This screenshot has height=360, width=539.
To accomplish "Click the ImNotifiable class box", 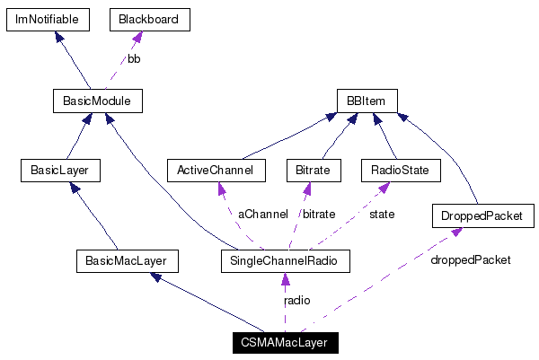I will pos(47,20).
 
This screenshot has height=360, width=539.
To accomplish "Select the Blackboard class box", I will pos(149,20).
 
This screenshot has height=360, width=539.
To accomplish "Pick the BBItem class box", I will pos(367,101).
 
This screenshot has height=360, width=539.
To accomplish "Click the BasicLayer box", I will pos(59,170).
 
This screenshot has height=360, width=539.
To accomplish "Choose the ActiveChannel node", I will pos(216,170).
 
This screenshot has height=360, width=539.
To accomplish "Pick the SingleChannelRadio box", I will pos(284,261).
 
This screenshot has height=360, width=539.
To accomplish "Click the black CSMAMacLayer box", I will pos(284,342).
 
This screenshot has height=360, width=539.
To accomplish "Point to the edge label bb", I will pos(133,59).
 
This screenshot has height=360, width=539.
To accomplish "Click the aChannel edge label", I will pos(262,215).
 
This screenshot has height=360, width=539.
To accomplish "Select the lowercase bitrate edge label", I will pos(320,215).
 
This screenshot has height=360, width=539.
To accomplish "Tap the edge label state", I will pos(383,215).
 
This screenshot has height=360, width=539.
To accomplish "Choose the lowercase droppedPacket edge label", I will pos(470,260).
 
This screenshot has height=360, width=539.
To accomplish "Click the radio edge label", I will pos(297,301).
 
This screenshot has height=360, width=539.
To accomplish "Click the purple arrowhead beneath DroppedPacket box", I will pos(457,233).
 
